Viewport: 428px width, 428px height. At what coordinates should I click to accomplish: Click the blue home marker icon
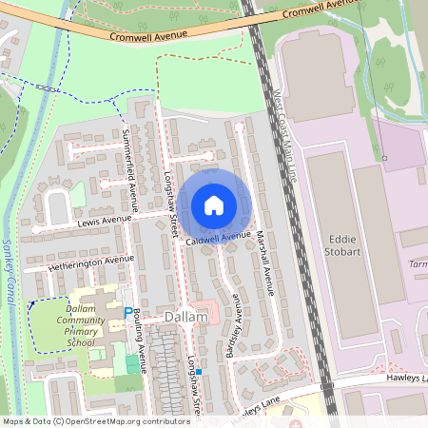(x=214, y=204)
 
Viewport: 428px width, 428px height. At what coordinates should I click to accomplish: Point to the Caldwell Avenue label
(x=219, y=238)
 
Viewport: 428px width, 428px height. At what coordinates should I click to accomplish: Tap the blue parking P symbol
(x=128, y=312)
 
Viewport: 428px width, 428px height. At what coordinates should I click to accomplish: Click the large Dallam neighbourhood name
(x=185, y=316)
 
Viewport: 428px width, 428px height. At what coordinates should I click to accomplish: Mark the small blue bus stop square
(x=199, y=371)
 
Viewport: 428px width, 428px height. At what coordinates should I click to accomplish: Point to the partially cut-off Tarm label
(x=416, y=263)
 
